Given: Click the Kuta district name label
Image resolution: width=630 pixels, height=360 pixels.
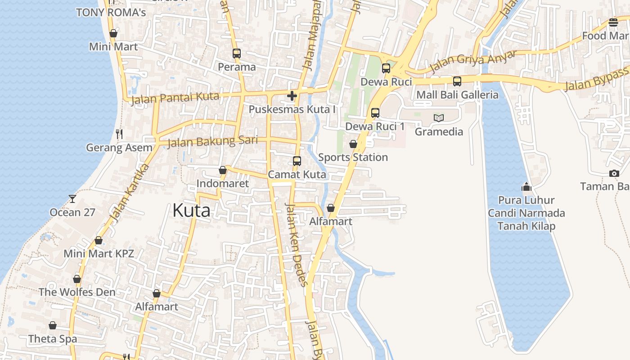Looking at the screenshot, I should coord(191,211).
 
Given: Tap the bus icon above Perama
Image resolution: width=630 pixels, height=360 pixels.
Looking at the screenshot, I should coord(237,54).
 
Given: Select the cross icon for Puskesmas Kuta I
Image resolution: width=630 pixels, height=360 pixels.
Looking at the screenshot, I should coord(292,96).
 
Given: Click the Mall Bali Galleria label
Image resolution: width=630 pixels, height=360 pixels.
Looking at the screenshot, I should coord(457,95).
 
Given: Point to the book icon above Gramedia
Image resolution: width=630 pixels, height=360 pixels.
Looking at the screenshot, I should coord(439,118).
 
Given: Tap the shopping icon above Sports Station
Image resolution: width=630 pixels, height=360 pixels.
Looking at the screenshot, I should coord(353,144).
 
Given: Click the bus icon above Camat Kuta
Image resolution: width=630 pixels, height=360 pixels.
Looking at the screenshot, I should coord(297,161).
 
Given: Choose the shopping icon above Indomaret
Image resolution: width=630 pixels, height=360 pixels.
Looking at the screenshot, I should coord(222,170).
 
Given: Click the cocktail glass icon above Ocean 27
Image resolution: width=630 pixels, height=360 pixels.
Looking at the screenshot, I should coord(72,198).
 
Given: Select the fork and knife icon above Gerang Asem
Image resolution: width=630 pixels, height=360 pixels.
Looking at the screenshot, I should coord(119,134).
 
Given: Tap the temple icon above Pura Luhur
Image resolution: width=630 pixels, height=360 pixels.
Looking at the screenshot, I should coord(526,186).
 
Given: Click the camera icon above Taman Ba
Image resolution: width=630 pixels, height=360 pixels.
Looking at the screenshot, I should coord(614,173).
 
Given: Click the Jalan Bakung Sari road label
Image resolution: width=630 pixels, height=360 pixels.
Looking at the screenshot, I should coord(212,142).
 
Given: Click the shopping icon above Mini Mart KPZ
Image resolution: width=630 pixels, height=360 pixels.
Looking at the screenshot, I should coord(99,241).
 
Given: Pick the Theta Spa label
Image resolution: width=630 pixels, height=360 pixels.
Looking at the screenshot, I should coord(53,339).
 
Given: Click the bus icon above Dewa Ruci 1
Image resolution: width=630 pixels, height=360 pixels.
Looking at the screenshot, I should coord(375,113).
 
